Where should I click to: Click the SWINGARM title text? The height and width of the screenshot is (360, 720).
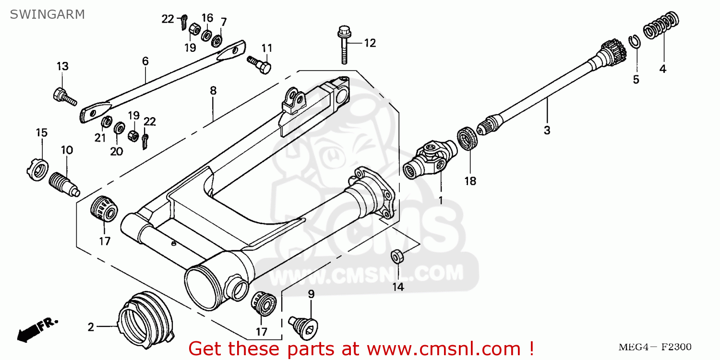pos(47,14)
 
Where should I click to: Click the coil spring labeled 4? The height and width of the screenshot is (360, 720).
pos(661,26)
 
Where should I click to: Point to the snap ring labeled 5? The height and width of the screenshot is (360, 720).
pos(635,42)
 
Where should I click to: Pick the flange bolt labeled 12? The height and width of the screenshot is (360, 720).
pos(343,46)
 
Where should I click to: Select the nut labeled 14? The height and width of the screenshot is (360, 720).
pos(397,256)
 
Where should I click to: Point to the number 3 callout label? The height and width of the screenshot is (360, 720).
pos(547,130)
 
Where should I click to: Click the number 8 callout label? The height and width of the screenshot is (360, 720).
pos(213,90)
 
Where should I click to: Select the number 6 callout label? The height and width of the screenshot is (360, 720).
pos(145,61)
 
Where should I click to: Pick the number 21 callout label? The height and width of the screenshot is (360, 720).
pos(100,138)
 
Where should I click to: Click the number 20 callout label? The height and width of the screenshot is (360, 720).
pos(116,152)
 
